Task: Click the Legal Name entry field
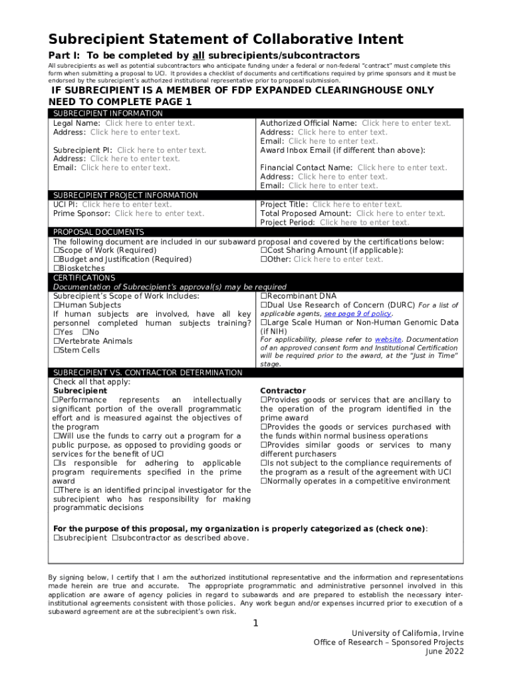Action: click(150, 123)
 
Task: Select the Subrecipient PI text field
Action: click(162, 150)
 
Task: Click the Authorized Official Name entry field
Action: click(406, 123)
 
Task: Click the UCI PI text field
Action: click(126, 204)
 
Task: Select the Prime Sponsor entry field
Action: click(159, 213)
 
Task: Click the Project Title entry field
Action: click(357, 204)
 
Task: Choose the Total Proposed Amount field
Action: click(400, 213)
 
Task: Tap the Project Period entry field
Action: click(364, 223)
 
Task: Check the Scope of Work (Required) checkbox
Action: click(57, 251)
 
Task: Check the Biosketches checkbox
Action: click(57, 269)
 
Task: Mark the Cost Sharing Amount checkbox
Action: click(264, 251)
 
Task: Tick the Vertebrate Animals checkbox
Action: click(57, 341)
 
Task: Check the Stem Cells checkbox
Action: click(57, 350)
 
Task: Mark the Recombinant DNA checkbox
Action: click(264, 296)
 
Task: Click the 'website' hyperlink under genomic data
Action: click(388, 339)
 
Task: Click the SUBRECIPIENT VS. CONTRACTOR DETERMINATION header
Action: click(148, 372)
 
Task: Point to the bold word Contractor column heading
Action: click(283, 390)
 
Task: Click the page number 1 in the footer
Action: click(256, 623)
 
